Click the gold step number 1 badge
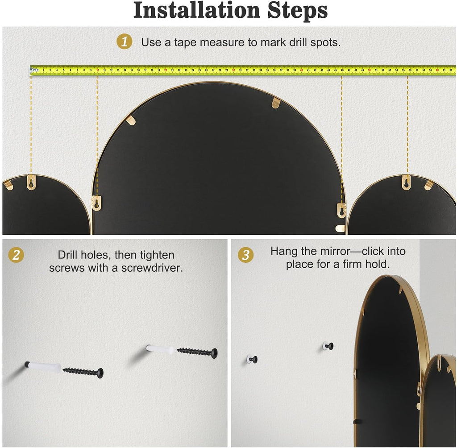[x=125, y=41]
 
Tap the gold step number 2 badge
[x=16, y=255]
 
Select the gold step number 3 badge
[x=246, y=255]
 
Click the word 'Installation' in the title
[x=197, y=11]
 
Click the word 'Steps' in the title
[x=297, y=12]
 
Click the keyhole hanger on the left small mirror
[x=31, y=183]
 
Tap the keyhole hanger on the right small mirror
[x=406, y=183]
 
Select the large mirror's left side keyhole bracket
[x=96, y=203]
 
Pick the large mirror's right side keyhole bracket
[x=341, y=211]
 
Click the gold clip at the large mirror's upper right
[x=276, y=103]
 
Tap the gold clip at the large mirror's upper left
[x=132, y=120]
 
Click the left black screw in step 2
[x=83, y=372]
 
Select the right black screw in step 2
[x=197, y=352]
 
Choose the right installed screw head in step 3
[x=328, y=346]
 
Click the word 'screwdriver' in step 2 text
[x=152, y=268]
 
